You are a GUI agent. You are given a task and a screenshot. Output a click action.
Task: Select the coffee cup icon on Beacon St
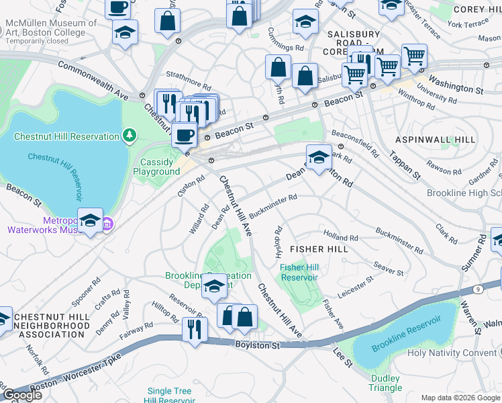click(x=185, y=135)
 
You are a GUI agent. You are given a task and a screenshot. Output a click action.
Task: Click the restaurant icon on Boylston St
click(x=195, y=330)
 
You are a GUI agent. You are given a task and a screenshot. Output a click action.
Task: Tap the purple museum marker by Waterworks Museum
click(x=107, y=224)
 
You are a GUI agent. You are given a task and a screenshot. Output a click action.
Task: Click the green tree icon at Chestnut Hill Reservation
click(x=129, y=137)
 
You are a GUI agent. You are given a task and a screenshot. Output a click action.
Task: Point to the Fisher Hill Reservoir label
click(x=299, y=272)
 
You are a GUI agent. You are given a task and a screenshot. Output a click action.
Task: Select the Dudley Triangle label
click(x=385, y=383)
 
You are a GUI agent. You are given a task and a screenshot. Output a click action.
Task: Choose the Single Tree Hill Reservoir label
click(x=169, y=396)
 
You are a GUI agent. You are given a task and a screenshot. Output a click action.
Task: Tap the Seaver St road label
click(x=389, y=269)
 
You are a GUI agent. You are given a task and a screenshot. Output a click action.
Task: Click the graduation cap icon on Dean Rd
click(x=319, y=157)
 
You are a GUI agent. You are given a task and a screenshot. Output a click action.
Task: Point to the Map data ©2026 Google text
click(x=460, y=398)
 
